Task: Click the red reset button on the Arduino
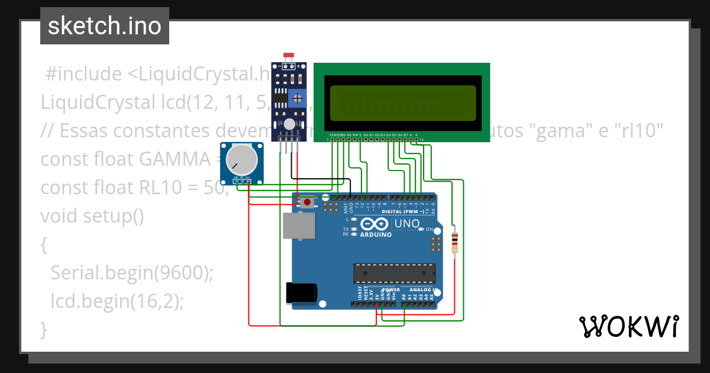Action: click(307, 202)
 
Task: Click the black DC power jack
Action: click(301, 294)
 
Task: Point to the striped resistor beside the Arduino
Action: click(454, 242)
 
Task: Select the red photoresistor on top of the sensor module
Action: click(289, 56)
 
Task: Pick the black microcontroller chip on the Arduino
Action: click(394, 273)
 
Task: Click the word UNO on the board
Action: click(406, 224)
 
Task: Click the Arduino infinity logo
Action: click(374, 224)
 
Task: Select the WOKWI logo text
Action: click(628, 326)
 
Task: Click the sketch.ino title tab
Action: click(105, 26)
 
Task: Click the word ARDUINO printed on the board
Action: click(375, 234)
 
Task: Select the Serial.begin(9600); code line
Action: click(131, 273)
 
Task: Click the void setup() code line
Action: click(92, 216)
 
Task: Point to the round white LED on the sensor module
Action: click(289, 124)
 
